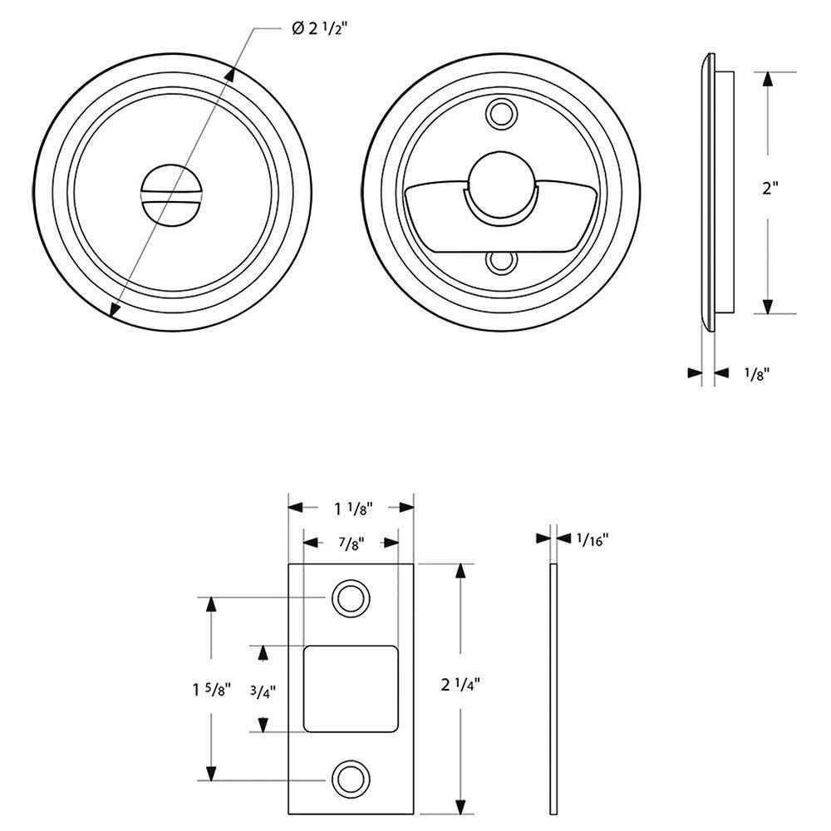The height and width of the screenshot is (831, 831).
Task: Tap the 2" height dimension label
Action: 770,188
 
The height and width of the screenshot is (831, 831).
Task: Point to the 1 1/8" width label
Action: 353,509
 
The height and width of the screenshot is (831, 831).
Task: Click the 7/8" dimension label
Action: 352,543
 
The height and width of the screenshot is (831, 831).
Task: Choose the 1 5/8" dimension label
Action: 211,690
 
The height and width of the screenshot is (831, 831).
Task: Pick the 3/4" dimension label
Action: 263,691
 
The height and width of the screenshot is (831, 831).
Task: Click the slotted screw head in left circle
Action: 171,195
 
